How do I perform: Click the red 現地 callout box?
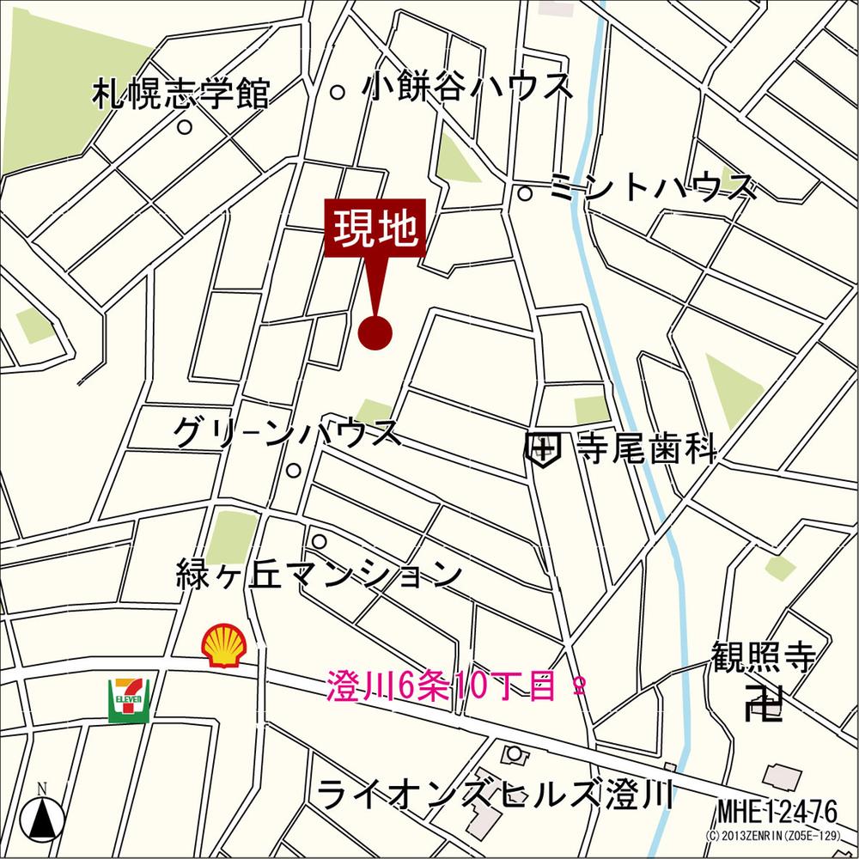[375, 229]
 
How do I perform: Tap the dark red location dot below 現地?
[375, 332]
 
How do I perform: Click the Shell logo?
[224, 645]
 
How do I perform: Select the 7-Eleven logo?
[129, 699]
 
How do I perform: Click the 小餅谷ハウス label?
[467, 87]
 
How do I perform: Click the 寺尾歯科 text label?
[646, 447]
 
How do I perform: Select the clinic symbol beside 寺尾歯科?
[543, 448]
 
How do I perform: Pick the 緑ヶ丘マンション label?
[318, 573]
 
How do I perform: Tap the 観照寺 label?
[763, 657]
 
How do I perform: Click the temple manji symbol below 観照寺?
[764, 704]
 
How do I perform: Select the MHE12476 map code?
[777, 810]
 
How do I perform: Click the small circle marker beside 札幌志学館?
[185, 127]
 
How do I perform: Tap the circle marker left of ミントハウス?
[525, 193]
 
